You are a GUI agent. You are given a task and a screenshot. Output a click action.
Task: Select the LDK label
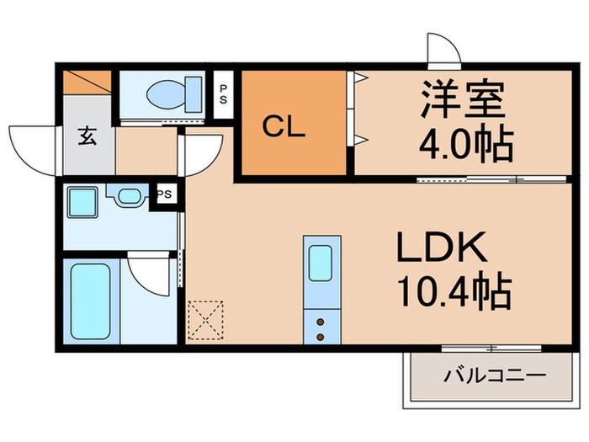point(441,248)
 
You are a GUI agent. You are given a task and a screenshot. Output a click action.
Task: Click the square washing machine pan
point(84,205)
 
